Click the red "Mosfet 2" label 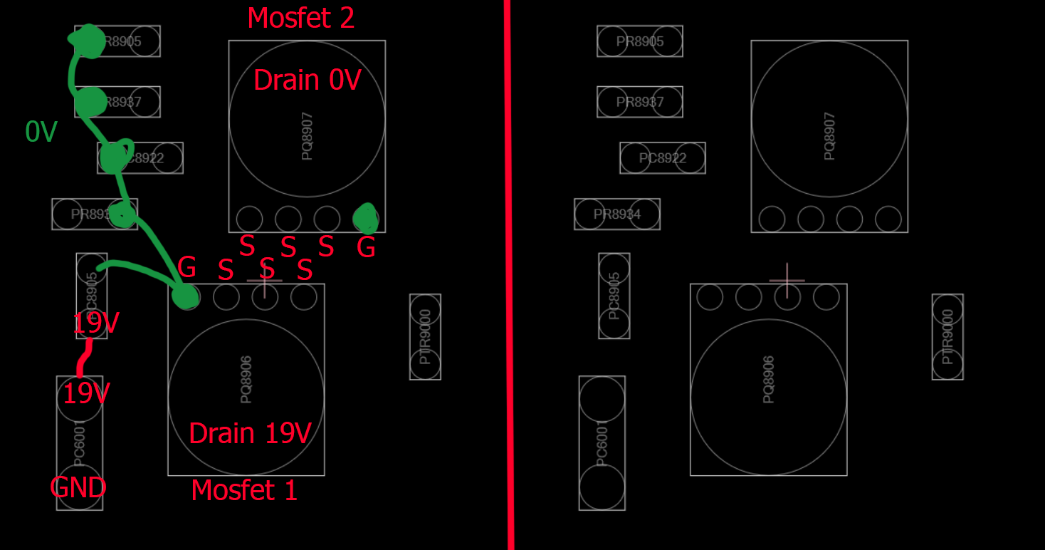click(x=300, y=18)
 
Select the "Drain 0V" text click(x=307, y=81)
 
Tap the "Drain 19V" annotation click(x=250, y=433)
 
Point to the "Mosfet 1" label click(x=244, y=490)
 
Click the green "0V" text click(x=41, y=132)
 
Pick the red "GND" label click(x=78, y=488)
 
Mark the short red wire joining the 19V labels click(x=85, y=358)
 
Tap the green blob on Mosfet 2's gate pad click(x=366, y=218)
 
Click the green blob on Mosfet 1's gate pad click(x=186, y=296)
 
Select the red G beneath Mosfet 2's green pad click(x=366, y=248)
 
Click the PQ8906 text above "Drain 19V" click(x=246, y=380)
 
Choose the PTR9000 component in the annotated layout click(x=425, y=336)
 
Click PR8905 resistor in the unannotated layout click(x=640, y=41)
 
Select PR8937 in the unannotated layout click(x=640, y=102)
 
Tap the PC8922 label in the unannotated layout click(x=663, y=158)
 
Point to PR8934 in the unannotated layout click(x=617, y=214)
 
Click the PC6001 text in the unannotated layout click(x=602, y=443)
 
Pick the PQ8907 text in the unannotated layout click(x=829, y=135)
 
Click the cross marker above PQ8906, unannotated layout click(x=787, y=281)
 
